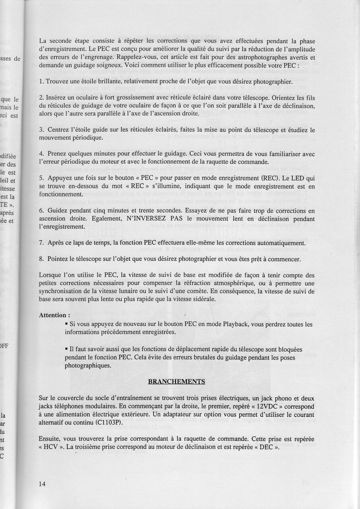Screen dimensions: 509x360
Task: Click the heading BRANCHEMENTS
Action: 176,382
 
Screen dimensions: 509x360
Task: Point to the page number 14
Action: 42,484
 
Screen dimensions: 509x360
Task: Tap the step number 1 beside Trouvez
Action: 41,82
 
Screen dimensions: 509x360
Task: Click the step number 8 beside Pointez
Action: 41,259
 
